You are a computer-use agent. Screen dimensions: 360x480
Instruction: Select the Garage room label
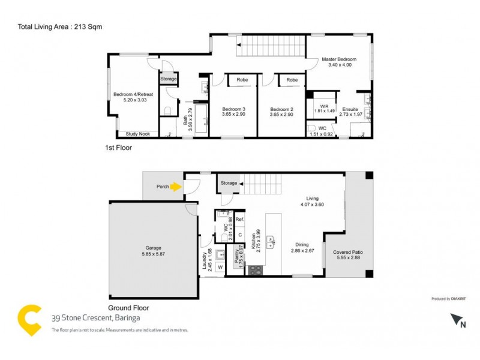154,248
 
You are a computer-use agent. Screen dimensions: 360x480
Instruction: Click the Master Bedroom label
339,59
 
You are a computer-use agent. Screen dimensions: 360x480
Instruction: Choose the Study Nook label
137,134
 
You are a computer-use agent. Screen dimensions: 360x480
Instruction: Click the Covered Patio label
348,253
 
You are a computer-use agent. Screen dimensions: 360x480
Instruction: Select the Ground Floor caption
128,307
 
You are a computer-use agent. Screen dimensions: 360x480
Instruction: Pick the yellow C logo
29,319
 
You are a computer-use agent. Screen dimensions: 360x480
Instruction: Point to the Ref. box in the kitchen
239,220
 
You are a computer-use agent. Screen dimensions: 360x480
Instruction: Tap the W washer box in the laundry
220,267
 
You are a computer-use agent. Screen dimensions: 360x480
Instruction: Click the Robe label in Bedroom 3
242,80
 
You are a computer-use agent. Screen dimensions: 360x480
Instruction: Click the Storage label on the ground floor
229,184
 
